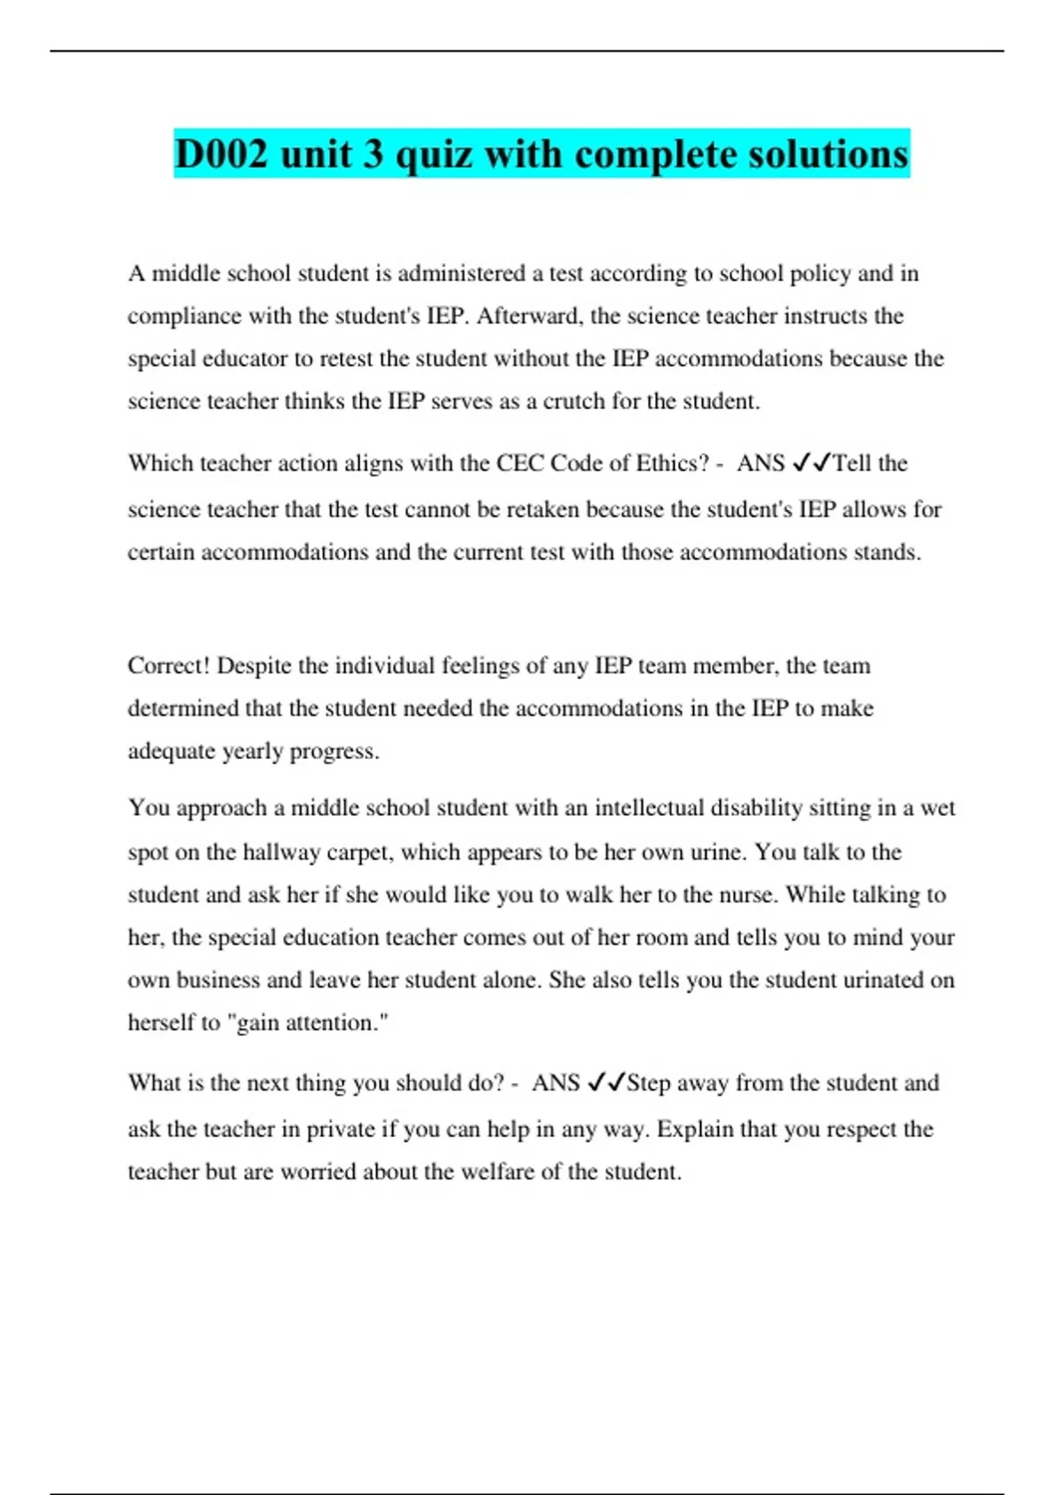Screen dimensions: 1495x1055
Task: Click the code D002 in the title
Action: [222, 155]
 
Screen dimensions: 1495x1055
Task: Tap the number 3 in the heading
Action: [373, 155]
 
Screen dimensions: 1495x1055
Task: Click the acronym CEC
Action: [520, 463]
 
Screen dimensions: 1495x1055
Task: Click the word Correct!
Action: [169, 666]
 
